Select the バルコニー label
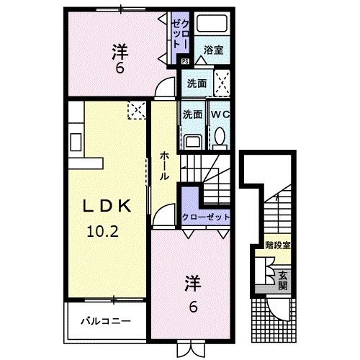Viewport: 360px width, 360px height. coord(105,320)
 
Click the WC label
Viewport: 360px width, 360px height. coord(220,114)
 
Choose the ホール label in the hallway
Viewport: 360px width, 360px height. coord(165,165)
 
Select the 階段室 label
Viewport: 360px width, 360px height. coord(277,245)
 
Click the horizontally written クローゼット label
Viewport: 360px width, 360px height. coord(205,217)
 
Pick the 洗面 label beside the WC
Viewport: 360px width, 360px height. coord(192,114)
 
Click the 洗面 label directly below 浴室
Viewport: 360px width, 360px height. coord(197,83)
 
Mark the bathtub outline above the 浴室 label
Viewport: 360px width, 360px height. coord(212,25)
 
